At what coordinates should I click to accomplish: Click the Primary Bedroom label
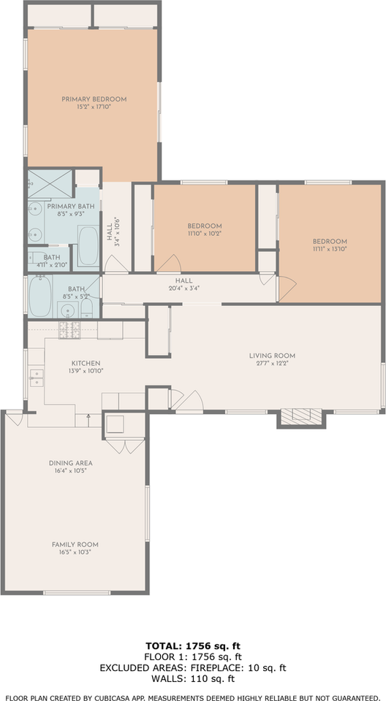point(94,99)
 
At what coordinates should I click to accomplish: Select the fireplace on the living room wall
point(300,416)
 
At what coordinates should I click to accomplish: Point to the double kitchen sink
point(36,378)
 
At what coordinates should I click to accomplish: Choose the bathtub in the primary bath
point(88,246)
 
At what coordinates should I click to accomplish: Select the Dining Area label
point(70,463)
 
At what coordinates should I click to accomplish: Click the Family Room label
point(75,545)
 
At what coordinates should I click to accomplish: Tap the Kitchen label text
point(86,363)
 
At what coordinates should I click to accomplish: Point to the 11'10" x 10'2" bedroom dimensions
point(204,234)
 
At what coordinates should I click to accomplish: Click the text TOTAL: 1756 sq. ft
point(193,646)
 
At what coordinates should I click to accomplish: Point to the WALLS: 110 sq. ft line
point(193,678)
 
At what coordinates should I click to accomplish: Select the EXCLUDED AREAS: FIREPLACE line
point(193,667)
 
